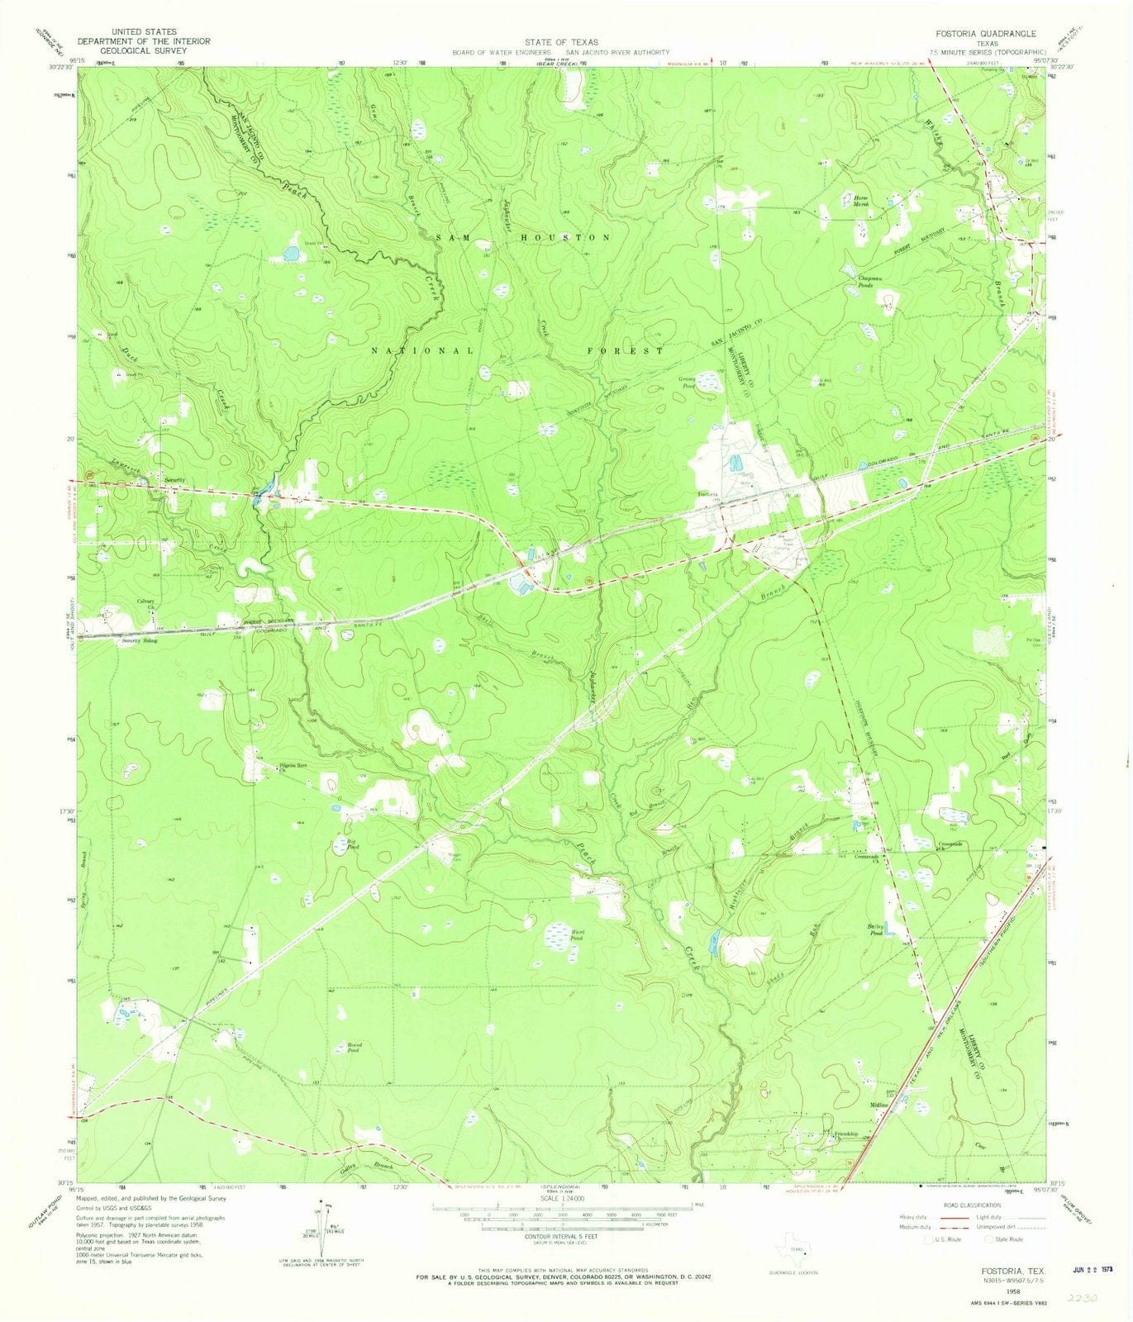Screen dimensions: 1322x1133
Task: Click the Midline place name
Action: [878, 1105]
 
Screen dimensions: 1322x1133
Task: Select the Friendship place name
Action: [845, 1134]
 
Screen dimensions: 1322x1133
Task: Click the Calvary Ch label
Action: [146, 604]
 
